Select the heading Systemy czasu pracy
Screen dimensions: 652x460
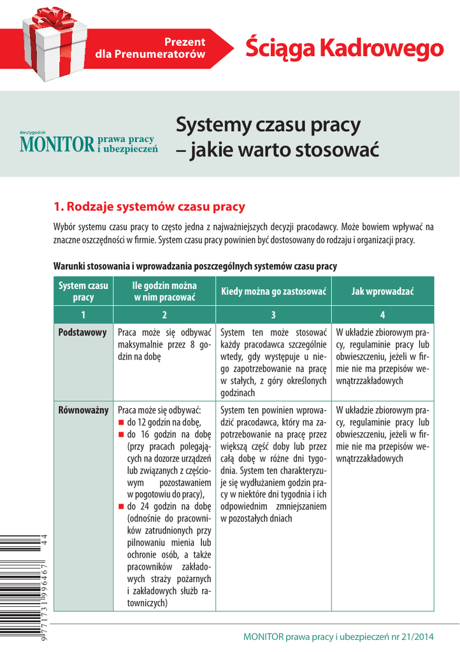click(268, 124)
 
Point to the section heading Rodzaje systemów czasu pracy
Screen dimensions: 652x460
click(149, 207)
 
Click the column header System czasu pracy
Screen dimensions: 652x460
click(83, 291)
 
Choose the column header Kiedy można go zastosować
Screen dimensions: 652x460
click(273, 291)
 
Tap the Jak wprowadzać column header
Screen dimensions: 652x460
click(382, 291)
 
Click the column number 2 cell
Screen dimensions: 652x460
click(164, 315)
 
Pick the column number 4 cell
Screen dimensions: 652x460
click(382, 315)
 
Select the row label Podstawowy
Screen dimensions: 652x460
click(82, 333)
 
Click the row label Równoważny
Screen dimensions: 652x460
click(83, 409)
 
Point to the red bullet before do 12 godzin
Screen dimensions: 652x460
click(122, 422)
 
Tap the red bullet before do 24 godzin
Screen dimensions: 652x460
click(122, 507)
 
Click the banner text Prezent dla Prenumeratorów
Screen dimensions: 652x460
click(150, 48)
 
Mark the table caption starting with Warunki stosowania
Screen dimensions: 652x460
click(195, 266)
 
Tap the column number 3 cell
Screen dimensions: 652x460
click(273, 315)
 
